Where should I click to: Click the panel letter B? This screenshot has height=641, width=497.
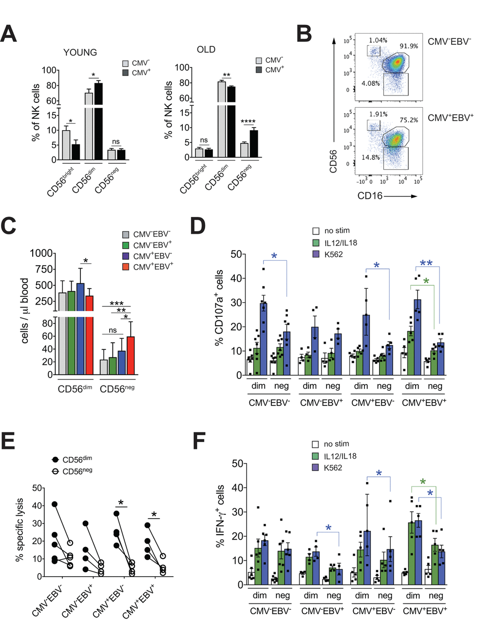click(304, 34)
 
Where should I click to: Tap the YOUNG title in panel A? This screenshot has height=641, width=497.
click(80, 52)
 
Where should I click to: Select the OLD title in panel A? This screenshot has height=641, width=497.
click(206, 49)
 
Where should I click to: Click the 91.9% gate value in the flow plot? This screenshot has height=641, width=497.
click(409, 46)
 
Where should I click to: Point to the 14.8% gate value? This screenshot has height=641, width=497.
click(370, 157)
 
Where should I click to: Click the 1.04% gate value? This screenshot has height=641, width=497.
click(378, 40)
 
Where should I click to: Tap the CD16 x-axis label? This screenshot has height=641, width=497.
click(370, 196)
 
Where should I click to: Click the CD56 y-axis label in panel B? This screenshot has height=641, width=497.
click(334, 161)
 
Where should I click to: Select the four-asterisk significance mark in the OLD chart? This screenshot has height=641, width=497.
click(248, 122)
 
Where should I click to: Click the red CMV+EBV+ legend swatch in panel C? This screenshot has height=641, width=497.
click(126, 267)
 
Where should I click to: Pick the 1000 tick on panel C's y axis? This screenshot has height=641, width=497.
click(41, 253)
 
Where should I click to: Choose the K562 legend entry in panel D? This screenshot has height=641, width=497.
click(333, 254)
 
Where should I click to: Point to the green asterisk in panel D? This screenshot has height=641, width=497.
click(426, 281)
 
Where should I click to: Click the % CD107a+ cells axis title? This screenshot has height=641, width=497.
click(219, 307)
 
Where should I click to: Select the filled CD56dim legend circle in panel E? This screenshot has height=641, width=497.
click(55, 460)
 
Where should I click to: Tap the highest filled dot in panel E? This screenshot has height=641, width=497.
click(55, 504)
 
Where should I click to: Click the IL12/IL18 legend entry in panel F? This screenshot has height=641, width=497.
click(340, 456)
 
